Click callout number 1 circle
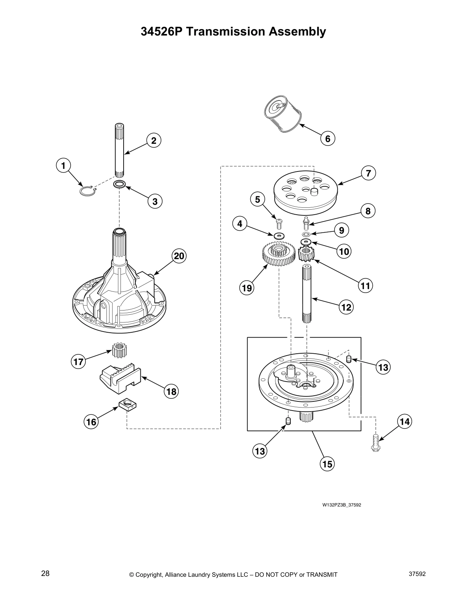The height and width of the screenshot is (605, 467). pos(63,165)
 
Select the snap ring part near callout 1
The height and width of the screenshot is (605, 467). pos(87,191)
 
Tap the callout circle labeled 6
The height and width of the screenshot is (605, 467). pos(328,138)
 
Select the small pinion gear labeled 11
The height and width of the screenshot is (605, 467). pos(306,255)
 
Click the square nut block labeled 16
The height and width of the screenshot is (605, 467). pos(128,404)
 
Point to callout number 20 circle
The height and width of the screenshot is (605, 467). pos(179,256)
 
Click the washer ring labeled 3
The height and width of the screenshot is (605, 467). pos(119,184)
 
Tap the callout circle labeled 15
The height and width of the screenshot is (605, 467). pos(327,464)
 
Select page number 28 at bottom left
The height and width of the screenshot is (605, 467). pos(45,573)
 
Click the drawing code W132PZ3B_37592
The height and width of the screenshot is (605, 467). pos(341,505)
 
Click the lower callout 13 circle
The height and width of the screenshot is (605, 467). pos(260,451)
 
